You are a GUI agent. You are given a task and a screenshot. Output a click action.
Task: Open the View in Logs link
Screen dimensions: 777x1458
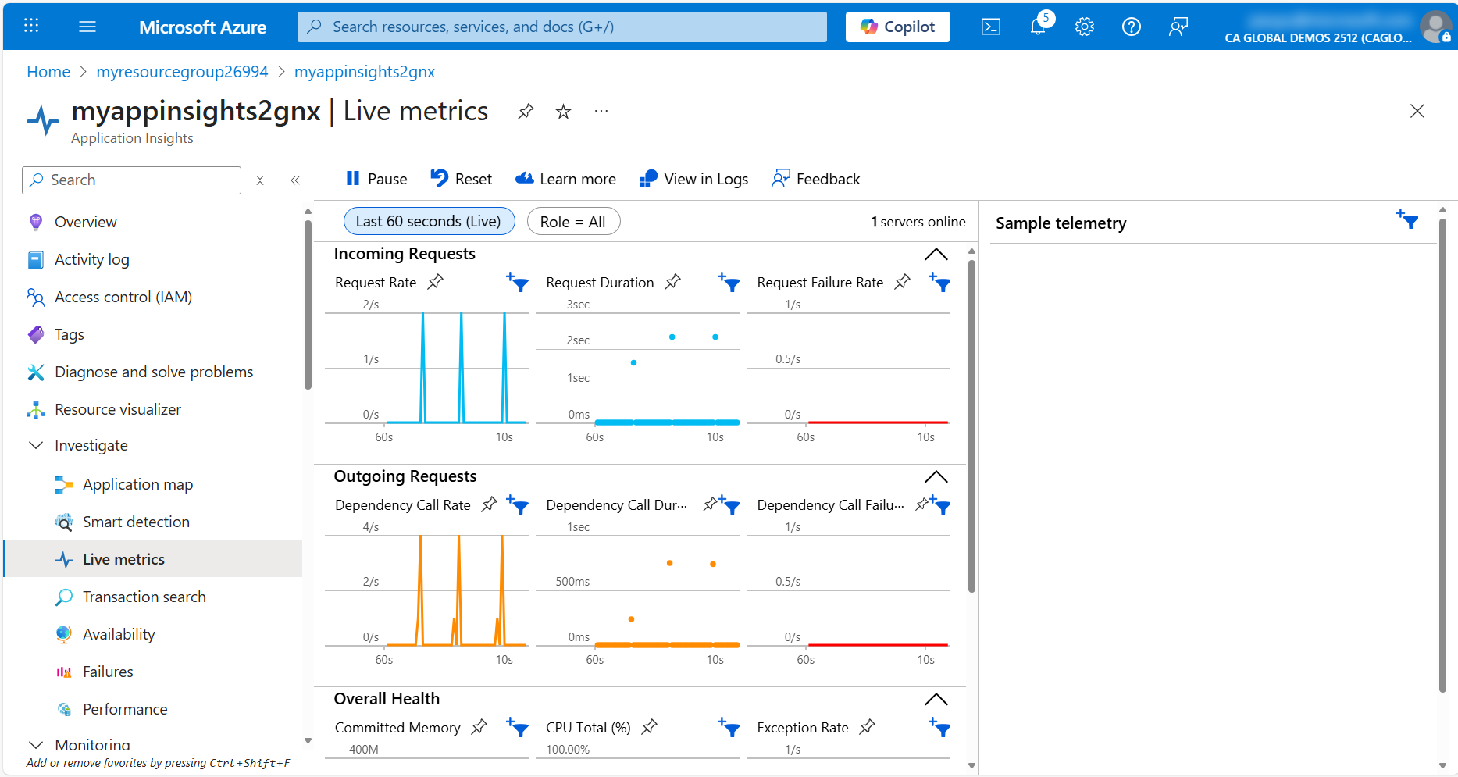pos(693,179)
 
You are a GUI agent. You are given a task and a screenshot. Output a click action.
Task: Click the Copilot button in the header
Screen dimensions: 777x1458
pos(897,27)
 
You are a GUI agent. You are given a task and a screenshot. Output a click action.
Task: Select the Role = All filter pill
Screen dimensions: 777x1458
pos(573,222)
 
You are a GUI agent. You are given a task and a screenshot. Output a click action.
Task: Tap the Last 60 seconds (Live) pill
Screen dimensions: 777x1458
pos(429,222)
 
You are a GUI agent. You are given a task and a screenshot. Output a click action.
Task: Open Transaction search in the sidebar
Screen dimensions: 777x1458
pos(144,597)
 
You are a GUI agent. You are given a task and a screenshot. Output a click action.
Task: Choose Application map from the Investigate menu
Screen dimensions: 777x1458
pos(137,484)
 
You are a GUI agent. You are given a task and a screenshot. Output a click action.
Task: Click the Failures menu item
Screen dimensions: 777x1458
pos(108,672)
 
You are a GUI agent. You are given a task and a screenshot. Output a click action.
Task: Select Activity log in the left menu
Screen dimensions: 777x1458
pos(91,259)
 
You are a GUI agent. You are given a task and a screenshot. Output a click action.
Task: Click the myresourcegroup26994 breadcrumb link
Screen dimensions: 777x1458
pos(182,72)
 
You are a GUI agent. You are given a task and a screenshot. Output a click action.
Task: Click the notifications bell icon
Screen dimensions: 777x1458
pos(1038,27)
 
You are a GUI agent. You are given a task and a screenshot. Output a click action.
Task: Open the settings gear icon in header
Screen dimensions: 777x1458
pos(1084,27)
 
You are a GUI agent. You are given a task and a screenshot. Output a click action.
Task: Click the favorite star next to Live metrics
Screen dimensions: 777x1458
pos(563,112)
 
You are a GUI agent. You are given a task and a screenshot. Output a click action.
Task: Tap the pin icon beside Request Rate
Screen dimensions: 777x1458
pos(436,282)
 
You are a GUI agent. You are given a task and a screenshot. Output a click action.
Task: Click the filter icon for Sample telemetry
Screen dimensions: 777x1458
pos(1407,219)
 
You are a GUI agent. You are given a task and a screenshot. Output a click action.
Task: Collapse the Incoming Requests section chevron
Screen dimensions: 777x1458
pos(936,255)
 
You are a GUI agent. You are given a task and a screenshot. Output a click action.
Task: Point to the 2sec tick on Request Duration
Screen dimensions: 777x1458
pos(578,340)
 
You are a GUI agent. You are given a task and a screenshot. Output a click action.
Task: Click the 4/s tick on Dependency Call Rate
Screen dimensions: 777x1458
pos(371,527)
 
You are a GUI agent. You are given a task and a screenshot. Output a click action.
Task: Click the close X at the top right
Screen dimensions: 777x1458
pos(1417,111)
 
